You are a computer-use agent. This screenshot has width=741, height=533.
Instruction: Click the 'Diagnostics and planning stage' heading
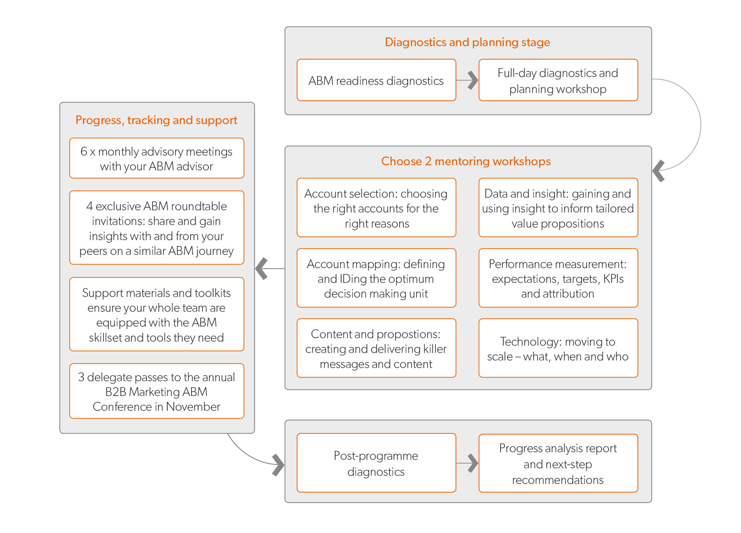click(467, 42)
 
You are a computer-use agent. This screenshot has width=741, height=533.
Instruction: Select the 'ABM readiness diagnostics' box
click(376, 80)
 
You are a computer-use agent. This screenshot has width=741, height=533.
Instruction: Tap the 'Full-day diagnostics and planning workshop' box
click(559, 80)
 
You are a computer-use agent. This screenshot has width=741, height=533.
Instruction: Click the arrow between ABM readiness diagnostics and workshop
click(467, 80)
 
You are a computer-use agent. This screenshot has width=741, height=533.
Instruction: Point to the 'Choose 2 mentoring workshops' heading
click(466, 161)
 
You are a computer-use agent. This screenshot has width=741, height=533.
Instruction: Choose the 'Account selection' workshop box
click(376, 208)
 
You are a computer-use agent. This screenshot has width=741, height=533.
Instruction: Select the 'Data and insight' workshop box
click(559, 208)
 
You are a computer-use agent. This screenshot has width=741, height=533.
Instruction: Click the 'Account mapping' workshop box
click(376, 278)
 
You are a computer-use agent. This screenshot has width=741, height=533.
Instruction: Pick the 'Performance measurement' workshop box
click(559, 278)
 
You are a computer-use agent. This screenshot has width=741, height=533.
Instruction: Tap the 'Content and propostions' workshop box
click(376, 348)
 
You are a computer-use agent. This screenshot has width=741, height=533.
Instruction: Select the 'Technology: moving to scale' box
click(559, 348)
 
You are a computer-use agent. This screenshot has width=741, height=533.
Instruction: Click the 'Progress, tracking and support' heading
click(156, 120)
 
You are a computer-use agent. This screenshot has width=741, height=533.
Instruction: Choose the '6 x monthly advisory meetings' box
click(157, 158)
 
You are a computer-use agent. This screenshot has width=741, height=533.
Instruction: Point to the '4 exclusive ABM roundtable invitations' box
click(157, 228)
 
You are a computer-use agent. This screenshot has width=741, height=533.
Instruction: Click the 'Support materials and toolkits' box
click(157, 314)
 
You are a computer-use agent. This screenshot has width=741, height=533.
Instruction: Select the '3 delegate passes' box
click(157, 391)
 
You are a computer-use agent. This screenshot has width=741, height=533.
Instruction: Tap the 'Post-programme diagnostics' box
click(376, 463)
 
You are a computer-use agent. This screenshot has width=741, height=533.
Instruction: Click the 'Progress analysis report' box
click(559, 463)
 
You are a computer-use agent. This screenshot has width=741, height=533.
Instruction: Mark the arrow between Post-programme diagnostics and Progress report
click(467, 463)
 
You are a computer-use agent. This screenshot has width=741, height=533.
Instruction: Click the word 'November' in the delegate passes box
click(193, 406)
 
